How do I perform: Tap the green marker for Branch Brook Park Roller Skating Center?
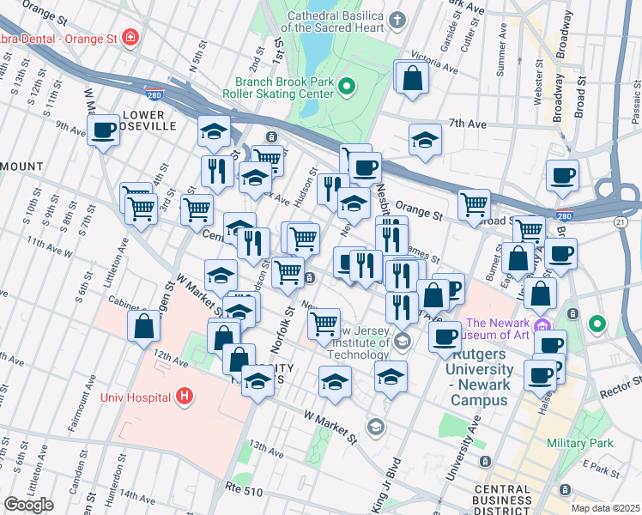(x=348, y=85)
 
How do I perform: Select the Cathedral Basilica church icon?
(x=397, y=20)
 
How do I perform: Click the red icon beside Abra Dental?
(x=130, y=38)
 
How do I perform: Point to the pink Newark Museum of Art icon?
(x=541, y=325)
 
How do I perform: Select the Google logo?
(x=29, y=505)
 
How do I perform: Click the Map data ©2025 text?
(x=605, y=508)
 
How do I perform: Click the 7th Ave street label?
(x=469, y=124)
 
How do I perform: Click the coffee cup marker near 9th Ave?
(x=103, y=131)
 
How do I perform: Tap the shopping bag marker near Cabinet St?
(x=144, y=326)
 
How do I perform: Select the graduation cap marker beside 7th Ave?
(x=425, y=141)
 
